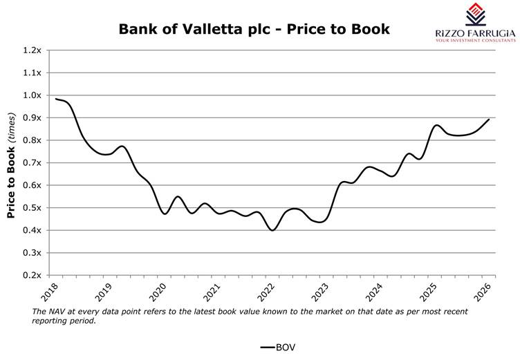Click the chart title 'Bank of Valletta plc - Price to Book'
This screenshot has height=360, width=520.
pos(254,29)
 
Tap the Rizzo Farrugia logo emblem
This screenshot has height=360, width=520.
pos(475,15)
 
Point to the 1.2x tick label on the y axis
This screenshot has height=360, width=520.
pos(32,50)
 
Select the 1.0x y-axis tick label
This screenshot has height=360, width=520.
pos(32,95)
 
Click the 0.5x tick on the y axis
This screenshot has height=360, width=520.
pos(32,208)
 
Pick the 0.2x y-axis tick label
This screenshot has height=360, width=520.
pos(32,276)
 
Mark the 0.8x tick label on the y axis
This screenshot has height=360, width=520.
pos(32,140)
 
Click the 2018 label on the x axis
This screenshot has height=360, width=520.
pos(50,292)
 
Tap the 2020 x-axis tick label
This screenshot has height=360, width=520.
pos(158,292)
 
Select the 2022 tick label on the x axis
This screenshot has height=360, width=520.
pos(266,292)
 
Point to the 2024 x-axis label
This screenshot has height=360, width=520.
pos(374,292)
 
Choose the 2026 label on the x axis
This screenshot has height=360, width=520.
pos(483,292)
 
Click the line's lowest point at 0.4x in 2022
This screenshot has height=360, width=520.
pos(273,230)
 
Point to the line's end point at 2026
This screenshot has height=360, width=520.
pos(489,120)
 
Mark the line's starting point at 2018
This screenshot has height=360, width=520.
pos(56,99)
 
